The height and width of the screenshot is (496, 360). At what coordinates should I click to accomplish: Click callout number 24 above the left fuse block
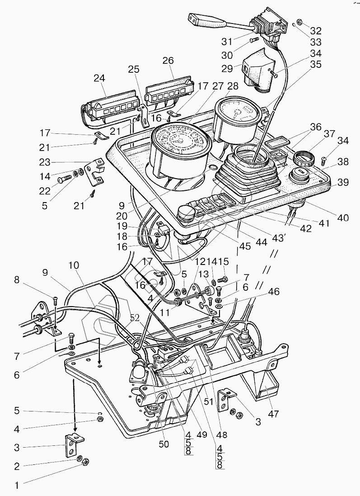click(99, 77)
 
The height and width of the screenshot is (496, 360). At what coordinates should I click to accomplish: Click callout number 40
click(343, 217)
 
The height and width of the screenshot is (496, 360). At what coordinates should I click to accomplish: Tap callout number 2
click(17, 467)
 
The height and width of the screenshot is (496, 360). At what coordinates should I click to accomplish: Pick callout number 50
click(164, 444)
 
